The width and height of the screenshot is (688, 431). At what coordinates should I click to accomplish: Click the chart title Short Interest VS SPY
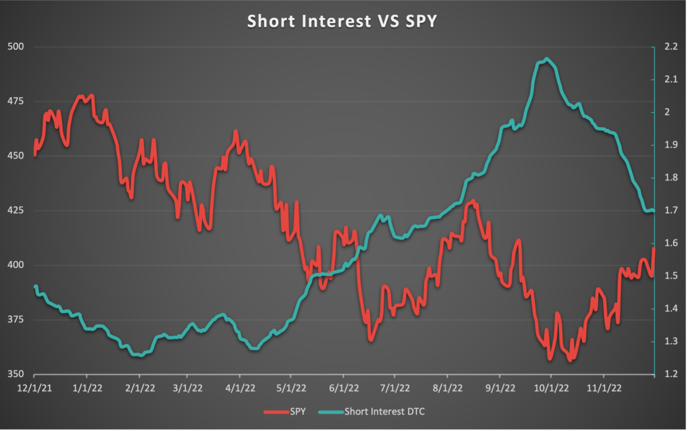(342, 20)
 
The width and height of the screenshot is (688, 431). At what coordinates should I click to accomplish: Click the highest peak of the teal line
(546, 59)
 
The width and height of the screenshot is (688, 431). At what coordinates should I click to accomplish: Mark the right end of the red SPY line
(654, 249)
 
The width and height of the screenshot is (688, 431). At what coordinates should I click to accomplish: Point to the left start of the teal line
(35, 286)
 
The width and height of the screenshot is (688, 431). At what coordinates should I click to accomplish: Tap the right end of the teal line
(654, 211)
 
